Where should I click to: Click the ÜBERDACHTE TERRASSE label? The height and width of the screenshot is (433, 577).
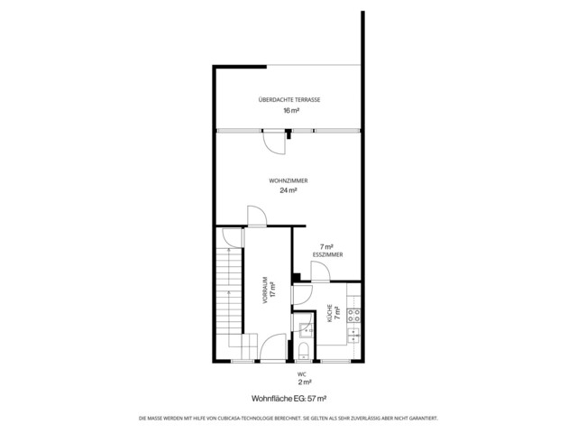[x=289, y=99]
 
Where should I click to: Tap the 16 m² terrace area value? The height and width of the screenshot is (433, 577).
[x=291, y=110]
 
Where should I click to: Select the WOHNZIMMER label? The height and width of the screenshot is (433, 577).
[x=288, y=180]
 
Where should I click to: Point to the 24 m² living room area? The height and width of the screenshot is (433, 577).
[x=288, y=190]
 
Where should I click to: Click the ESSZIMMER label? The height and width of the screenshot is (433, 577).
[x=327, y=254]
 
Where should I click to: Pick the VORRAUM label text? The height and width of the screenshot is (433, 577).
[x=265, y=290]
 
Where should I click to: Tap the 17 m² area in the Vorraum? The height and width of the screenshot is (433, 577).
[x=272, y=290]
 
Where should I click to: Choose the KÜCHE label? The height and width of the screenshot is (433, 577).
[x=330, y=313]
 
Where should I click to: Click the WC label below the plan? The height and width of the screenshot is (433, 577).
[x=302, y=374]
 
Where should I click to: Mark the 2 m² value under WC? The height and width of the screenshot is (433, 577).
[x=305, y=382]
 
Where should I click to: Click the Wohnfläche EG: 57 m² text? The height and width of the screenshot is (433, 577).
[x=289, y=399]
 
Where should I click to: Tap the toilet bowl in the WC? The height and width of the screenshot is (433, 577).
[x=304, y=351]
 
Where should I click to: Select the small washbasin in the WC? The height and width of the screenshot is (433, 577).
[x=306, y=331]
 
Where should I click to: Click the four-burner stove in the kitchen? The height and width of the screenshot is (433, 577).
[x=354, y=316]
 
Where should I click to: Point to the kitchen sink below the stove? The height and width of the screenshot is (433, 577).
[x=354, y=336]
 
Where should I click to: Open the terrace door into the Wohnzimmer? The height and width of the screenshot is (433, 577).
[x=274, y=143]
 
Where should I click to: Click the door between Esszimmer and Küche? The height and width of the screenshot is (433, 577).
[x=320, y=272]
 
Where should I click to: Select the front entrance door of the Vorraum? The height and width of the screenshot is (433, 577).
[x=272, y=348]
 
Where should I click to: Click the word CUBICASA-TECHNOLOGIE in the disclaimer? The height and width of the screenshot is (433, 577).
[x=247, y=419]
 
